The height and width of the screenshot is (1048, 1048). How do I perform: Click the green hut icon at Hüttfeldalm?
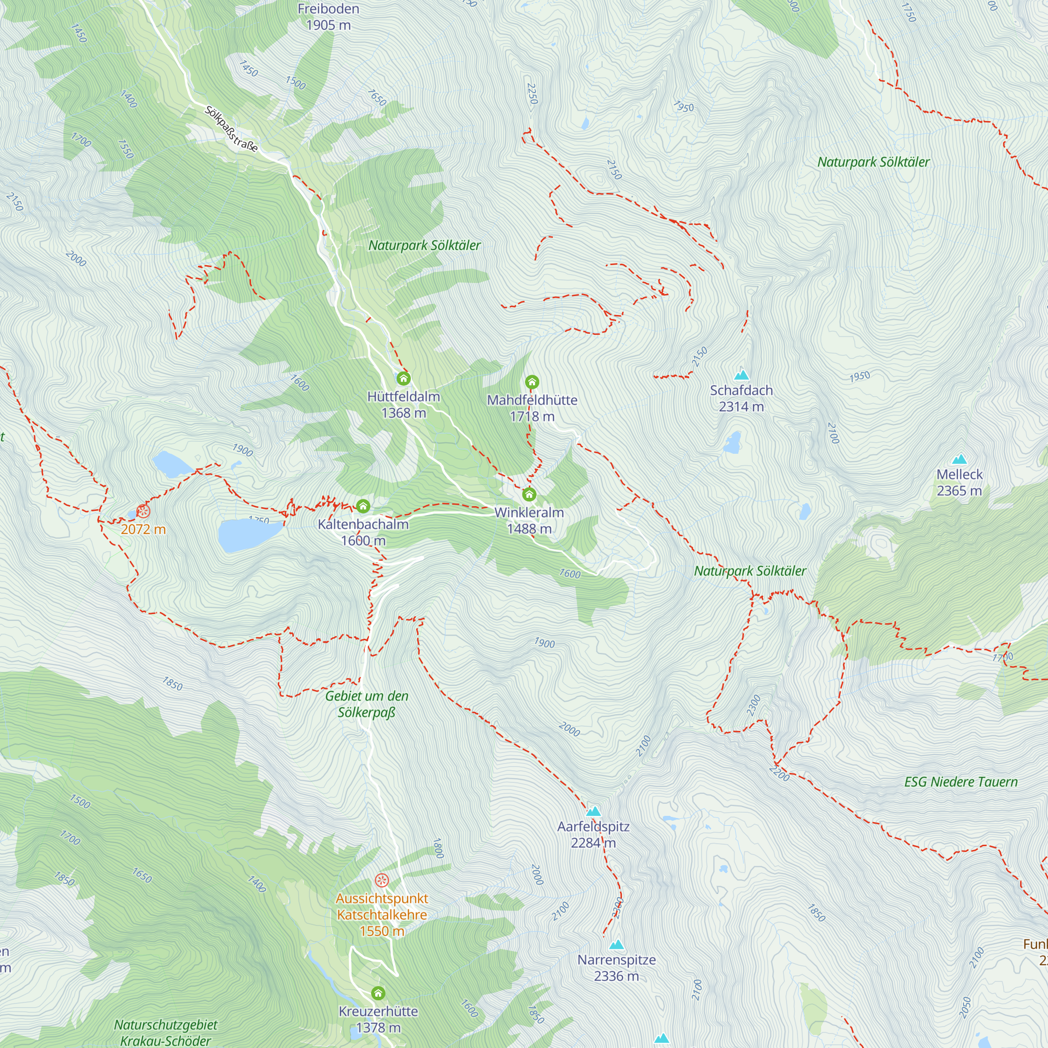403,378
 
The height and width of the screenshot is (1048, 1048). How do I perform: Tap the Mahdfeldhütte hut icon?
531,382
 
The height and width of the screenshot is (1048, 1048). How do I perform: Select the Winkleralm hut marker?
529,494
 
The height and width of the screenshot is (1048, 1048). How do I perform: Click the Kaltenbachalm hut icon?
363,506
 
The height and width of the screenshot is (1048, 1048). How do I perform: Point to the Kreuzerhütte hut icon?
378,993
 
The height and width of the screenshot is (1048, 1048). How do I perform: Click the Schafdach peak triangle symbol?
741,375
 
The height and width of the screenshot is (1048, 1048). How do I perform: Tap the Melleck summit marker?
959,459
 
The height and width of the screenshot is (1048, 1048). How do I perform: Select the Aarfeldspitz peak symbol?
594,812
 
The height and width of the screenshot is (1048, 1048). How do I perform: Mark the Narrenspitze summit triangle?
616,945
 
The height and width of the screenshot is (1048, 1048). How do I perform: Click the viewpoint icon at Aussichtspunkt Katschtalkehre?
382,880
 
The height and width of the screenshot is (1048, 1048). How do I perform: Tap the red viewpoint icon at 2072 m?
143,511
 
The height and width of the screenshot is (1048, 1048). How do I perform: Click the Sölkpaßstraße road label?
231,128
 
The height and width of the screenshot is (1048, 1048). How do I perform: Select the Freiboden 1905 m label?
328,17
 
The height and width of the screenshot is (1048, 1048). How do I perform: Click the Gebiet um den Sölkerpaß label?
367,704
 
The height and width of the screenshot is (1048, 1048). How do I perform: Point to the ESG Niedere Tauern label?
960,782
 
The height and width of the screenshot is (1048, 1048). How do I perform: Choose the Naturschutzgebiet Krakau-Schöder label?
166,1032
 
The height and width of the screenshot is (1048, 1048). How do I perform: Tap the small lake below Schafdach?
733,443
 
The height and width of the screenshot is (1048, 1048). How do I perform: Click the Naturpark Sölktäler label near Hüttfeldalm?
424,245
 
